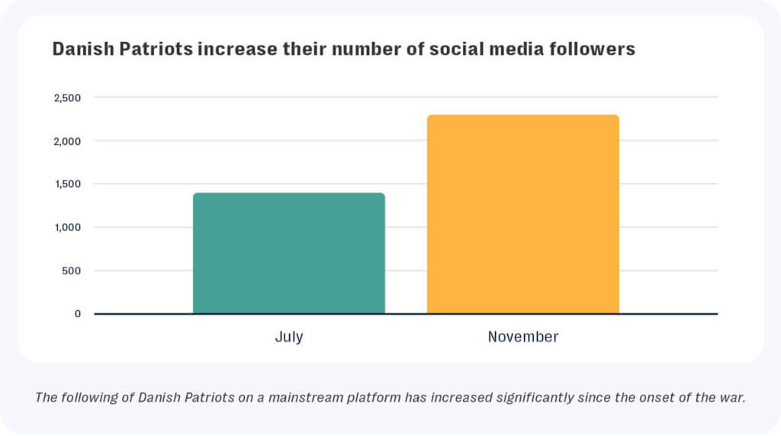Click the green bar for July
[289, 253]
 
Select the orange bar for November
[523, 214]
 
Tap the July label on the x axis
[289, 337]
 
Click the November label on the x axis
[523, 337]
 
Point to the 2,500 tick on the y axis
[67, 98]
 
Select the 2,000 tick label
[67, 141]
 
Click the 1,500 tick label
[67, 184]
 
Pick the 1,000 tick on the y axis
[67, 227]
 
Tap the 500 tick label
[72, 271]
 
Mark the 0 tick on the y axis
[78, 314]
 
